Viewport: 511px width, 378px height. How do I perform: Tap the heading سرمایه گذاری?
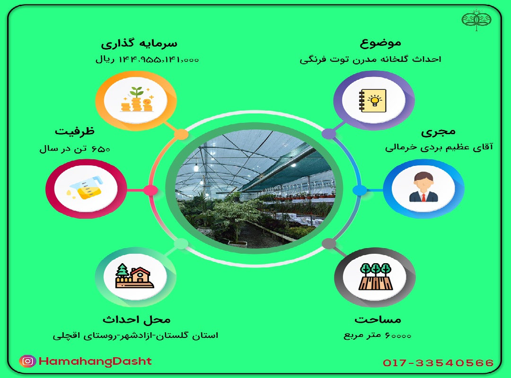pos(139,43)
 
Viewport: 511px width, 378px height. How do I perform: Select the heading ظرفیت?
pos(75,131)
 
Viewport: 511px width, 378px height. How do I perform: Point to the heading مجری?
pos(438,132)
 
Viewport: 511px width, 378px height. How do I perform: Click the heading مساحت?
pos(378,319)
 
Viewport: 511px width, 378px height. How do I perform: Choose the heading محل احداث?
pos(137,319)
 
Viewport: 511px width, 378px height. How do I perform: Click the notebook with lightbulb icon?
pos(373,101)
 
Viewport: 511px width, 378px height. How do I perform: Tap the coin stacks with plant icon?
pos(137,99)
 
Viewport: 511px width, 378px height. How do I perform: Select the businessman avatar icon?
pos(423,187)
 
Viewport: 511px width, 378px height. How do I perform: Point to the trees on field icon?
pos(375,276)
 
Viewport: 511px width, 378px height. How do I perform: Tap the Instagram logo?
pos(28,361)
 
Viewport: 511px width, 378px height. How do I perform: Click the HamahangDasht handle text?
pos(95,361)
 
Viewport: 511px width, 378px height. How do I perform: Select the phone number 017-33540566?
pos(438,363)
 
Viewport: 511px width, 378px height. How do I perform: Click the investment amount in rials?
pos(147,60)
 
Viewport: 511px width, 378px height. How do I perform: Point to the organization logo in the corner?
pos(476,20)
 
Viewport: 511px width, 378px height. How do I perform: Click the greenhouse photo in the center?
pos(255,189)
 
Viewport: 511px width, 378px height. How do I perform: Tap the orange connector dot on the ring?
pos(181,134)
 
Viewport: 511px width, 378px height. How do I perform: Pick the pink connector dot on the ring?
pos(150,190)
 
